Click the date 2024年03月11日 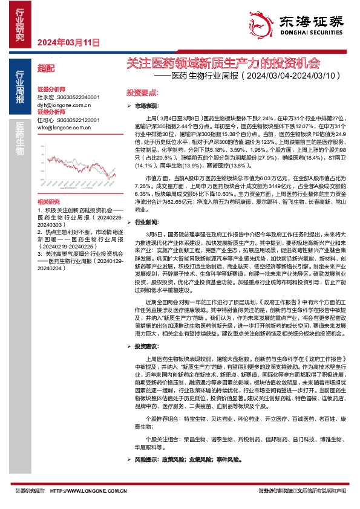coord(68,42)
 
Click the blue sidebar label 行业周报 coord(20,89)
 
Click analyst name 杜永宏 coord(45,97)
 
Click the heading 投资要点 coord(142,93)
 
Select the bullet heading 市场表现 coord(146,105)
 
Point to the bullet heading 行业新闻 coord(146,222)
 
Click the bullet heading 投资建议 coord(146,346)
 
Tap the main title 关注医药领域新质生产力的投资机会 coord(221,62)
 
